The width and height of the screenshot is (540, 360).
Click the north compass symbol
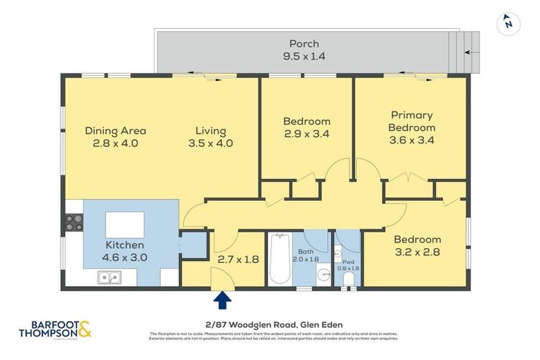[508, 23]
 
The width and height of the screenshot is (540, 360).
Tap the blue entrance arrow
[223, 300]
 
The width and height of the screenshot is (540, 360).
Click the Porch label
[304, 44]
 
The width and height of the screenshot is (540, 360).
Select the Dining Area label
[115, 130]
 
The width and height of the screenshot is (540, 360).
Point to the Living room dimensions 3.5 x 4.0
[211, 143]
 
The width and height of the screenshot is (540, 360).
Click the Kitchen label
[124, 245]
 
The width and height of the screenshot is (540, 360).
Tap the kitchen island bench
[125, 224]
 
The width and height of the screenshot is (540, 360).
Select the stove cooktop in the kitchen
[74, 223]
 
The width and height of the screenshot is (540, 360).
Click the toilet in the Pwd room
[348, 278]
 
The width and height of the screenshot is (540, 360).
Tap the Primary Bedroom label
[412, 121]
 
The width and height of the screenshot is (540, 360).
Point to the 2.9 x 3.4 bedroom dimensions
[307, 134]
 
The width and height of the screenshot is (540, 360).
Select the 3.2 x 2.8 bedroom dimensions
[417, 252]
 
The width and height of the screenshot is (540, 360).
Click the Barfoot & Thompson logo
[55, 328]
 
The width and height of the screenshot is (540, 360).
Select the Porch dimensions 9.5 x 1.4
[304, 56]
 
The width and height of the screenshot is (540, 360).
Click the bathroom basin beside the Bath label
[323, 275]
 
